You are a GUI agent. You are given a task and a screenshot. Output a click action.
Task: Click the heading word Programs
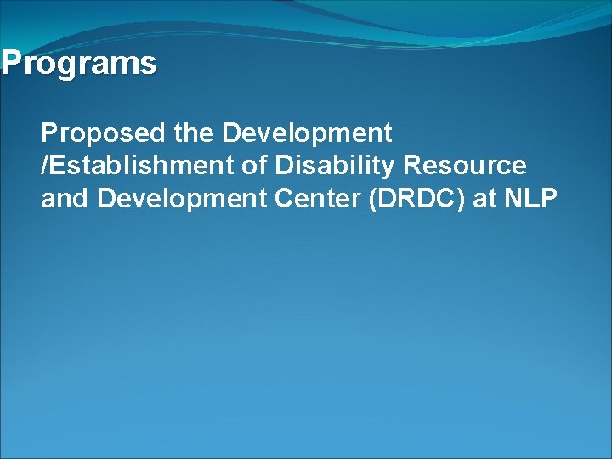[x=79, y=64]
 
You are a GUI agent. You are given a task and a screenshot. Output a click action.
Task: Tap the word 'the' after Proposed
[x=194, y=133]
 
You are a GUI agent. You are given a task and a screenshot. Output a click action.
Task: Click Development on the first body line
[x=308, y=133]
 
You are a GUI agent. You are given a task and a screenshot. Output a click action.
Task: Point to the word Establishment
[x=142, y=166]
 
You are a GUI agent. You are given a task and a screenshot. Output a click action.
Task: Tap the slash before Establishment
[x=44, y=166]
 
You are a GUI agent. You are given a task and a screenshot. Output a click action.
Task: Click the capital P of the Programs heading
[x=10, y=64]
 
